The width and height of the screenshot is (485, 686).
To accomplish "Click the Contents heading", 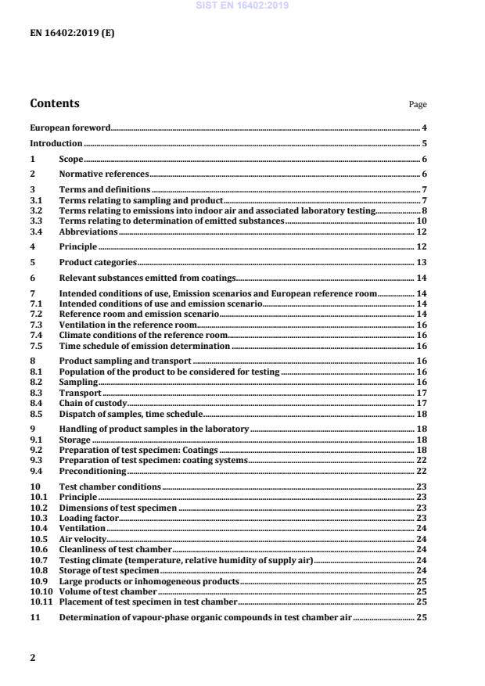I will [54, 103].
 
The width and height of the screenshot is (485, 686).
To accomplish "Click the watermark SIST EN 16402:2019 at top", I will [242, 5].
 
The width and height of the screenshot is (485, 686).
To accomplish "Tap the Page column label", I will [418, 105].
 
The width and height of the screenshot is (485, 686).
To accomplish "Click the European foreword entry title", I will [70, 127].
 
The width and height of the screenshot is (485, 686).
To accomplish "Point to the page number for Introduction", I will [423, 143].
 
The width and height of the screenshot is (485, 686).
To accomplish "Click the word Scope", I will [71, 160].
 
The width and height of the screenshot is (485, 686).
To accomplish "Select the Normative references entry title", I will [103, 175].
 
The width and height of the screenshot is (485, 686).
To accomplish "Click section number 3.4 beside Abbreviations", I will [36, 232].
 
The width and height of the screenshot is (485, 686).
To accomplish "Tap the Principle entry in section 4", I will [78, 247].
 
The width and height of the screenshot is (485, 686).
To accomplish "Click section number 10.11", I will [39, 602].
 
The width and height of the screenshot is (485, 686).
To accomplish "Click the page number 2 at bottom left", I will [33, 658].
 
